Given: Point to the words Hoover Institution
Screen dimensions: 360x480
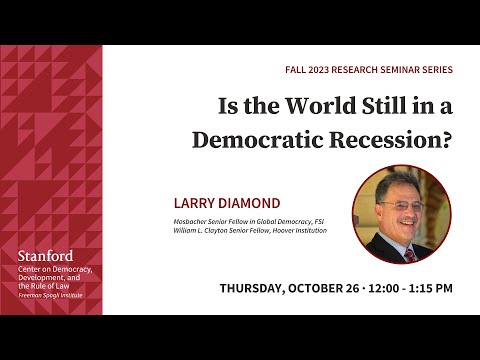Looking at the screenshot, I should [x=299, y=230].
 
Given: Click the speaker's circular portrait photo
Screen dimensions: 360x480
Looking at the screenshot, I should [x=401, y=214].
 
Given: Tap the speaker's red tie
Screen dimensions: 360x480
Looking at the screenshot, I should [x=410, y=253].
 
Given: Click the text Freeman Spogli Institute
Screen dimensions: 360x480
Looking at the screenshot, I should [x=50, y=295].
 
